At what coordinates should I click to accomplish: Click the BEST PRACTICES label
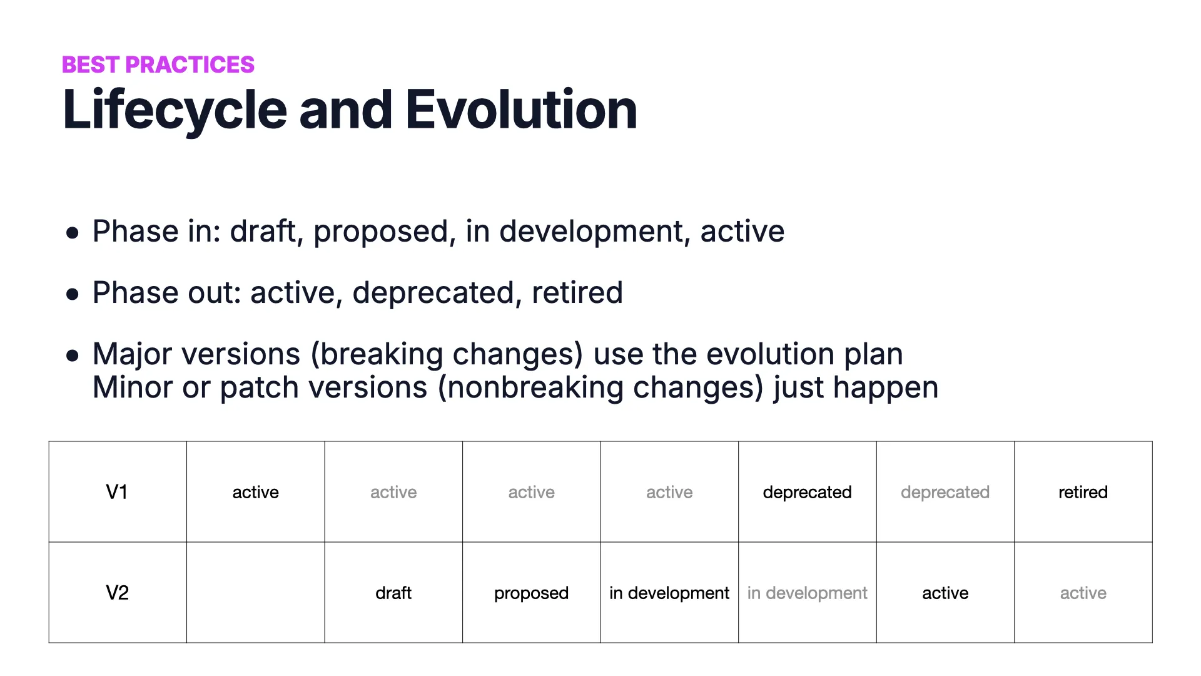[158, 64]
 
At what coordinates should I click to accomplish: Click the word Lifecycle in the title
[175, 110]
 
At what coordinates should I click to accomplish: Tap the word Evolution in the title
[521, 110]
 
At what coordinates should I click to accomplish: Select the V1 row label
[117, 492]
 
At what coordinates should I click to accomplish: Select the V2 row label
[117, 593]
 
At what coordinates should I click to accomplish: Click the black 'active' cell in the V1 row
[255, 492]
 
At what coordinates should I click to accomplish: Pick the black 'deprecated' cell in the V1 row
[807, 492]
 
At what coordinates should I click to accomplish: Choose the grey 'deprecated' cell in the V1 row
[945, 492]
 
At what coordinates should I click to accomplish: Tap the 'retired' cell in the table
[1083, 492]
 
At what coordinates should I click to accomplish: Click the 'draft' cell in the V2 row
[393, 593]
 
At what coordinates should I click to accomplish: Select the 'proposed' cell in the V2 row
[531, 593]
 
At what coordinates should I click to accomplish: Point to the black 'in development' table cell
[669, 593]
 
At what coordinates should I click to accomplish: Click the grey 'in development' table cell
[807, 593]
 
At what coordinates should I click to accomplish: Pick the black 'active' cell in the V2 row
[945, 593]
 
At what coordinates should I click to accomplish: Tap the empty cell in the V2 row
[255, 593]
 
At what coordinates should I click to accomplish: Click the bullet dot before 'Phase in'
[73, 233]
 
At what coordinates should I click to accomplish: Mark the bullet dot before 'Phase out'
[73, 294]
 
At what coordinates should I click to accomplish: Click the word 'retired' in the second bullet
[577, 293]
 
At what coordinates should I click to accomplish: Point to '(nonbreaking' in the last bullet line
[530, 387]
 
